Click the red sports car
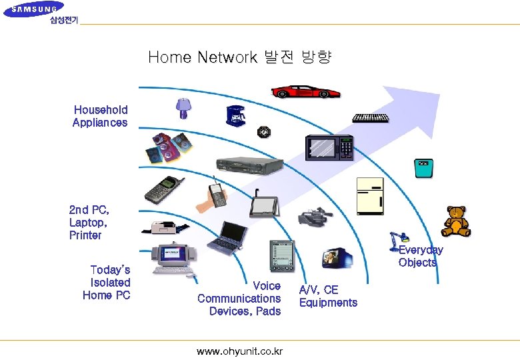click(306, 92)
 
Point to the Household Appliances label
click(100, 116)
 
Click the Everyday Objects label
click(420, 256)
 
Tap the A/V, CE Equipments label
click(328, 296)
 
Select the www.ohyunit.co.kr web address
click(239, 351)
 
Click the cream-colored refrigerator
click(370, 195)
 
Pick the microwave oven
click(329, 147)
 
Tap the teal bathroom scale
click(421, 168)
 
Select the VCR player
click(245, 165)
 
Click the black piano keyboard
click(371, 118)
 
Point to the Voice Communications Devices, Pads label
click(239, 299)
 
